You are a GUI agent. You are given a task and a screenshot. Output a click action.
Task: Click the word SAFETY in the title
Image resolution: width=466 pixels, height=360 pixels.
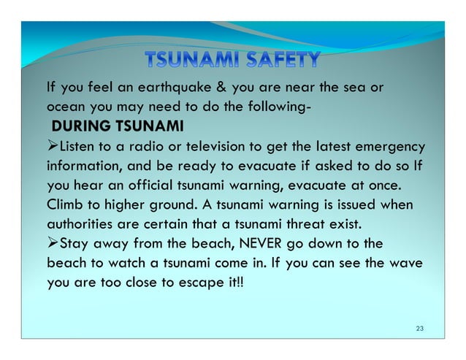click(x=281, y=61)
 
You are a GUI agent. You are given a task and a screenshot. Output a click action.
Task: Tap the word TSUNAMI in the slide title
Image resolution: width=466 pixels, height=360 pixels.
click(x=190, y=61)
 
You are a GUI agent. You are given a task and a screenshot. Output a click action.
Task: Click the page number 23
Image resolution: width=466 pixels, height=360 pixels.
click(x=419, y=329)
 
